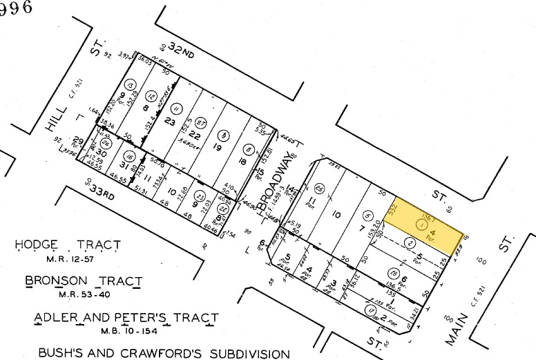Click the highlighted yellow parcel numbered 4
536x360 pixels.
(x=428, y=225)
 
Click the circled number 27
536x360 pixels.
(x=200, y=122)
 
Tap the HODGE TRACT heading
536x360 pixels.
(x=68, y=245)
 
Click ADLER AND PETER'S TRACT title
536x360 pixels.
(x=126, y=319)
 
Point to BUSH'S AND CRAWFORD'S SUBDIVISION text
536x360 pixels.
(x=164, y=354)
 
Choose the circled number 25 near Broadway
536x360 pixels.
(x=318, y=187)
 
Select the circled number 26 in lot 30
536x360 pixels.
(x=106, y=142)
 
